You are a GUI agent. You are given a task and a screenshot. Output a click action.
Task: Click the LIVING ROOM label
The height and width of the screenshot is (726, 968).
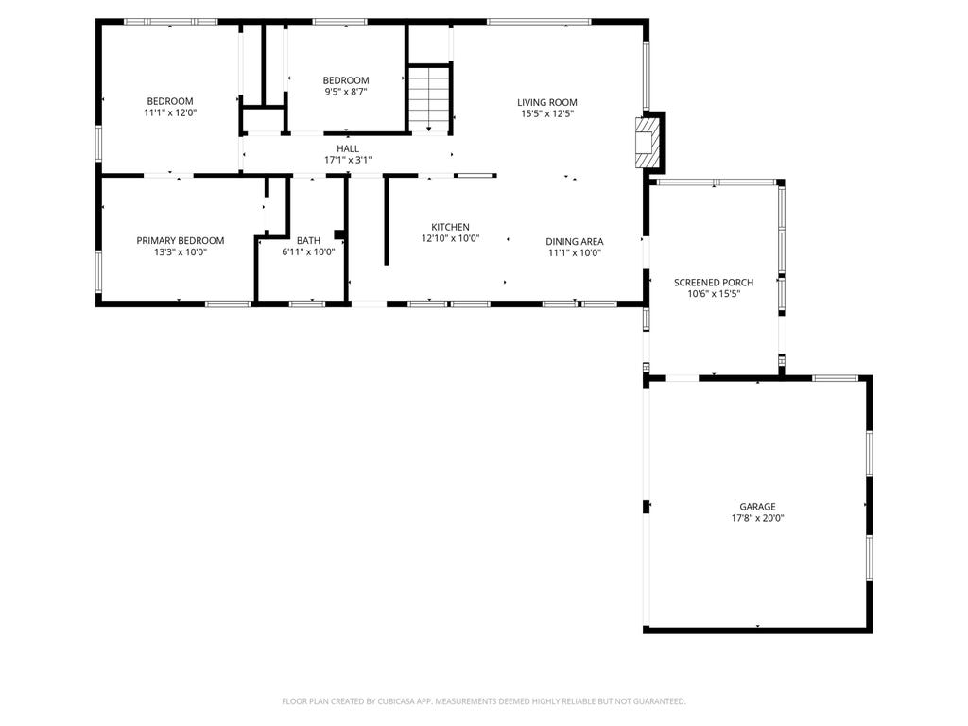[x=547, y=102]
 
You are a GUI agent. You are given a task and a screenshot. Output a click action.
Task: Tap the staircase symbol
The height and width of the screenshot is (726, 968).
[x=430, y=98]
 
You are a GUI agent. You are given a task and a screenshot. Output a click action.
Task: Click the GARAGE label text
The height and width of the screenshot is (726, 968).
[x=757, y=507]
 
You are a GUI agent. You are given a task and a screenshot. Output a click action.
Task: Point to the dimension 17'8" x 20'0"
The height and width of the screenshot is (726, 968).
[x=757, y=518]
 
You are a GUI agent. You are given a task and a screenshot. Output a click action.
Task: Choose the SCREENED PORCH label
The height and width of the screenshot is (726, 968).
[x=714, y=282]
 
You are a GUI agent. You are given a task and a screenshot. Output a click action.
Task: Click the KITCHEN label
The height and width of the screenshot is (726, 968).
[x=450, y=227]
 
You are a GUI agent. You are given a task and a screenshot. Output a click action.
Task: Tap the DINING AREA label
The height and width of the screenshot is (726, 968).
[x=575, y=241]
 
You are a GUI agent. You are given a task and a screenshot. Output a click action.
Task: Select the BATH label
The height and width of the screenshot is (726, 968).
[x=309, y=240]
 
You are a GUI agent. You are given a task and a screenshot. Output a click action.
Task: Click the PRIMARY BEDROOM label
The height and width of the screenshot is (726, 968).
[x=181, y=240]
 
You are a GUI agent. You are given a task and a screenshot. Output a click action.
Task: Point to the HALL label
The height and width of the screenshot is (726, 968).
[x=348, y=148]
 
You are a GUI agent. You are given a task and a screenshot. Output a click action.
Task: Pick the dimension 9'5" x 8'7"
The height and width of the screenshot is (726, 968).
[x=346, y=92]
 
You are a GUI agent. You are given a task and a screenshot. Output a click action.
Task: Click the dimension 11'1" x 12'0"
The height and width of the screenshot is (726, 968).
[x=170, y=113]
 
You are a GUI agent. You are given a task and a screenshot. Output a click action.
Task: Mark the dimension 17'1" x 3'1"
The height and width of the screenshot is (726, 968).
[x=348, y=160]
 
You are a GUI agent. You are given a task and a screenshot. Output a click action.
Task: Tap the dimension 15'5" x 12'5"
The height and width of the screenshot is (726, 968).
[x=547, y=113]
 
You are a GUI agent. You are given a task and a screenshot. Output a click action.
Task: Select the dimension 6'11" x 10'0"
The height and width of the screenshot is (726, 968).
[x=309, y=251]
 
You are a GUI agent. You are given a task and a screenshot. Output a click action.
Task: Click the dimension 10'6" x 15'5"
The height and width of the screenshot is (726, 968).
[x=714, y=294]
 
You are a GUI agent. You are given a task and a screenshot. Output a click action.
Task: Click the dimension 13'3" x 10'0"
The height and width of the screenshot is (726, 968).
[x=181, y=251]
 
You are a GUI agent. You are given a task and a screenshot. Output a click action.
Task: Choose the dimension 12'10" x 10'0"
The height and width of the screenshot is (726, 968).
[x=451, y=238]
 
